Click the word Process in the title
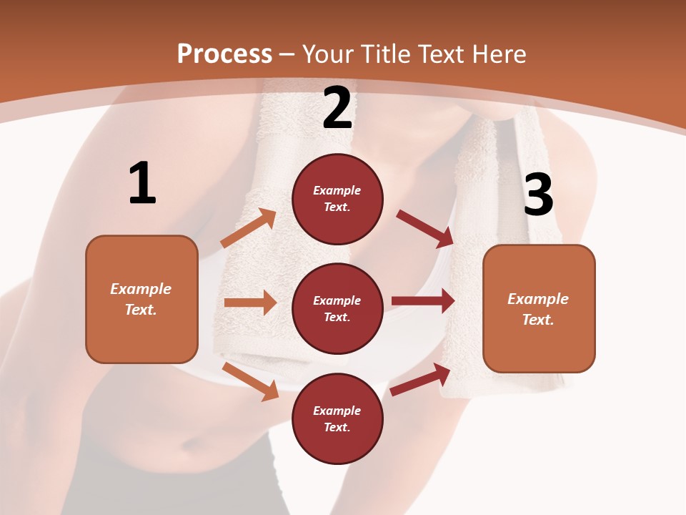[224, 54]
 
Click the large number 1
[142, 184]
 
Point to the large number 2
[337, 109]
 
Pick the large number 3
[538, 195]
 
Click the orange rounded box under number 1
[141, 299]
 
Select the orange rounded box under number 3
[539, 308]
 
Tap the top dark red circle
[337, 199]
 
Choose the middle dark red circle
[337, 308]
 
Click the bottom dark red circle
[337, 418]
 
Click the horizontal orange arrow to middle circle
[250, 303]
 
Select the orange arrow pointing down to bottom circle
[250, 381]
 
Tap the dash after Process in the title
[287, 54]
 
